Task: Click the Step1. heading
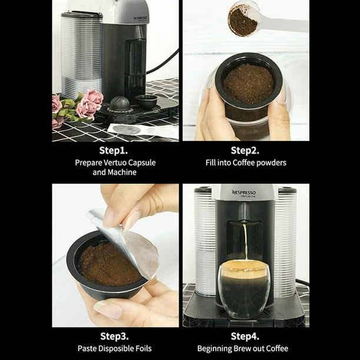tap(114, 151)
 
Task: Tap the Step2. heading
tap(245, 151)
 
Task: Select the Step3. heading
tap(114, 336)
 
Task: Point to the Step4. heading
tap(245, 336)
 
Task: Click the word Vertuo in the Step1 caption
tap(115, 163)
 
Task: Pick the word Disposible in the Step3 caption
tap(114, 348)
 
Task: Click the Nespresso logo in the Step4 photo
tap(244, 194)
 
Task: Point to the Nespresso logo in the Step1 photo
tap(141, 18)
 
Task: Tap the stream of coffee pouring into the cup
tap(245, 242)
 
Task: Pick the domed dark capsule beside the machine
tap(119, 104)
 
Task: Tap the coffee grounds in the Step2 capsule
tap(249, 84)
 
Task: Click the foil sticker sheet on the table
tap(143, 131)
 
